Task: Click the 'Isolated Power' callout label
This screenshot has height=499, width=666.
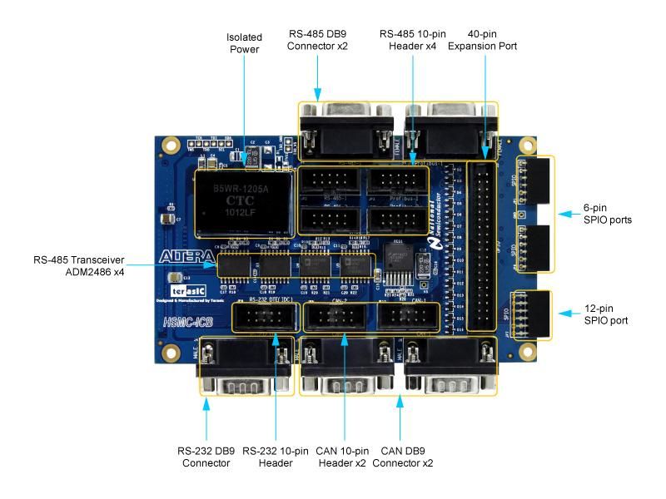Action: pyautogui.click(x=244, y=43)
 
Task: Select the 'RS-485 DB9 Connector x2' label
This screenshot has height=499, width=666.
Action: pyautogui.click(x=318, y=39)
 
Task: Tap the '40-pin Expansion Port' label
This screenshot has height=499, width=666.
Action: pyautogui.click(x=482, y=39)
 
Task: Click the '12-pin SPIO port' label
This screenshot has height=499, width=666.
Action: pyautogui.click(x=605, y=314)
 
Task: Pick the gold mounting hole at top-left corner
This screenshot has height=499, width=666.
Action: pyautogui.click(x=171, y=143)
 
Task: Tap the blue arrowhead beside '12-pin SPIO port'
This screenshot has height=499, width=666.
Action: pyautogui.click(x=562, y=314)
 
